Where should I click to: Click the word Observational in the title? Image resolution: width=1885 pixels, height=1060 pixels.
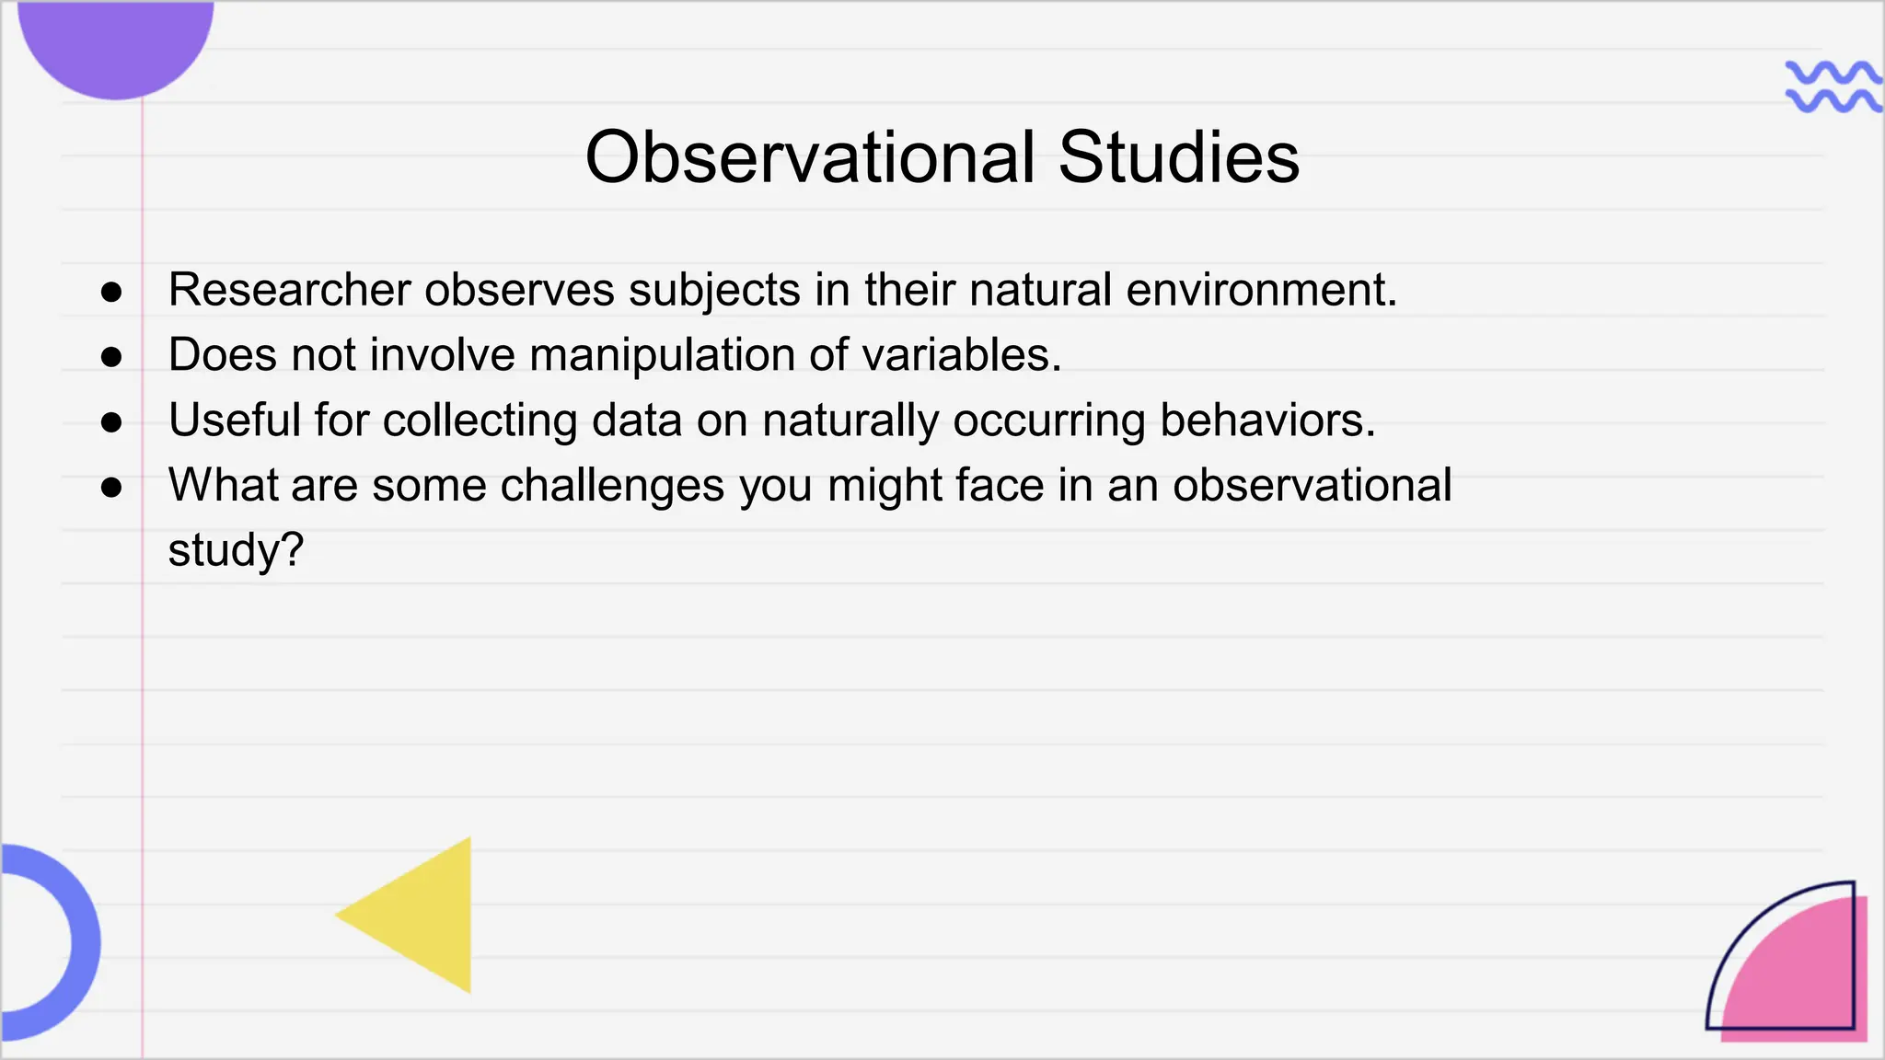pyautogui.click(x=811, y=157)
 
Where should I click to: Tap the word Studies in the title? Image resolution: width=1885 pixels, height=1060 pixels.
pyautogui.click(x=1179, y=157)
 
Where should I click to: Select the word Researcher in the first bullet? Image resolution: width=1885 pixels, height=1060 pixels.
pyautogui.click(x=289, y=290)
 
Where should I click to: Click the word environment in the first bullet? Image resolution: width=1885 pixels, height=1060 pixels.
pyautogui.click(x=1261, y=290)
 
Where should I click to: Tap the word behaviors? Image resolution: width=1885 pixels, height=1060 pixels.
pyautogui.click(x=1267, y=421)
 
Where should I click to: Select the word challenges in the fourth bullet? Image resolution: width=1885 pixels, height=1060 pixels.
pyautogui.click(x=612, y=486)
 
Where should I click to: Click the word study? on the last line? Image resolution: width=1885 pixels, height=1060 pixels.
pyautogui.click(x=236, y=550)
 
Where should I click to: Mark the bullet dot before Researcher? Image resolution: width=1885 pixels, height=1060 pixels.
pyautogui.click(x=111, y=293)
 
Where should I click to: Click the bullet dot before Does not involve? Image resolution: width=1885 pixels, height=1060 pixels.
pyautogui.click(x=111, y=357)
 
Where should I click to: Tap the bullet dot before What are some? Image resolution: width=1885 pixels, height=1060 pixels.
pyautogui.click(x=111, y=488)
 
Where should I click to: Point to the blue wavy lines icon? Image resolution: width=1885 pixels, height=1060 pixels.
pyautogui.click(x=1832, y=86)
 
